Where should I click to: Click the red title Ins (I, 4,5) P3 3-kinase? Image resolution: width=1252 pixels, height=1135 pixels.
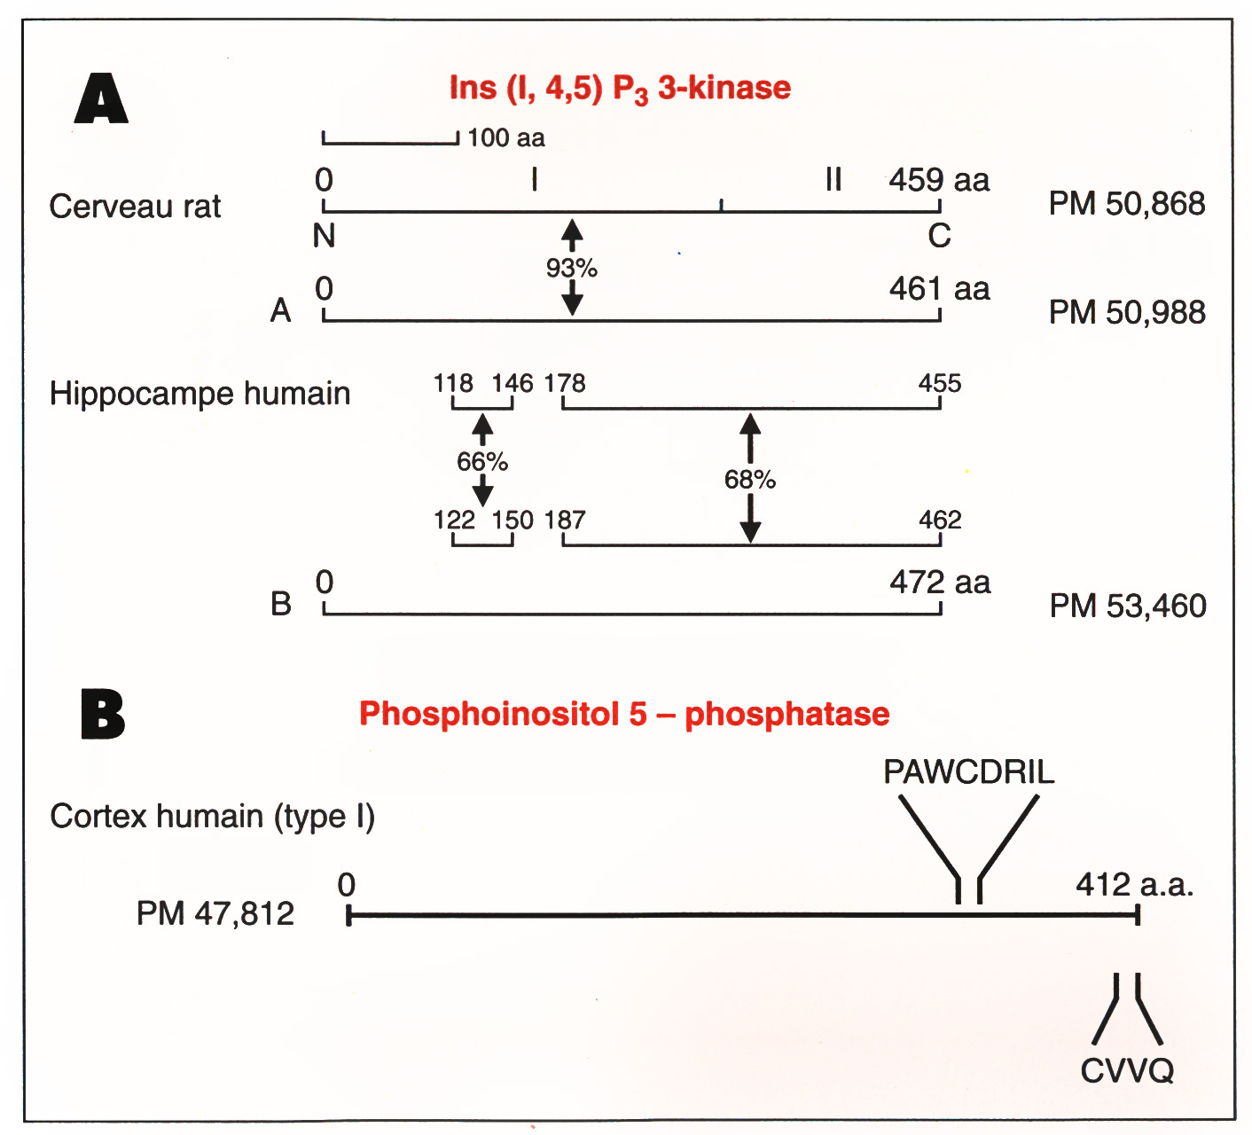coord(620,89)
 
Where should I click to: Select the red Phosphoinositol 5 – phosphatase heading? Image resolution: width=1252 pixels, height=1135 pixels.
coord(623,714)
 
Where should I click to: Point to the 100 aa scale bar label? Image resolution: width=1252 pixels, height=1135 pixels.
coord(505,137)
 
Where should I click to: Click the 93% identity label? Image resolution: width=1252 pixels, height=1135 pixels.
coord(572,267)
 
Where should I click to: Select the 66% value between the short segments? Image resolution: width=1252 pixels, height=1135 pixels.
coord(482,461)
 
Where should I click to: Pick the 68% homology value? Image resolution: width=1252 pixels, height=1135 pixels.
coord(750,480)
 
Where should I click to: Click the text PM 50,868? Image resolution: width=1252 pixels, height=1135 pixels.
coord(1126,204)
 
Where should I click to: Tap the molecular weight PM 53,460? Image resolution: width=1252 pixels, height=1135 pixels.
coord(1128,607)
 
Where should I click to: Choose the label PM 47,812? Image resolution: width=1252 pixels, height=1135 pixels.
coord(215,913)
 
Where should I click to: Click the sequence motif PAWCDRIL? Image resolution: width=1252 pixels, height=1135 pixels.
coord(968,772)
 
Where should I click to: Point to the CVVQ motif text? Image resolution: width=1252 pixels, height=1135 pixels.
coord(1126,1071)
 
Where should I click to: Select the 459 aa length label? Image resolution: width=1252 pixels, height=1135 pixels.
coord(939,180)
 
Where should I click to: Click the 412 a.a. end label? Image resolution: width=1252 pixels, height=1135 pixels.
coord(1134,885)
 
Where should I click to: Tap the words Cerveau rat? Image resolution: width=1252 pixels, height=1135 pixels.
coord(135,207)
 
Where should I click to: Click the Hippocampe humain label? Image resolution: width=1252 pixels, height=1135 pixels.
coord(200,393)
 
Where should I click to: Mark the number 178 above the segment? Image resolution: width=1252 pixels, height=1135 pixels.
coord(565,383)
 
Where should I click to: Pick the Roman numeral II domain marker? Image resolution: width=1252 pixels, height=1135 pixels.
coord(833,180)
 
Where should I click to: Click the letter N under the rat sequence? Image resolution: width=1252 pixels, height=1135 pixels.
coord(325,236)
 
